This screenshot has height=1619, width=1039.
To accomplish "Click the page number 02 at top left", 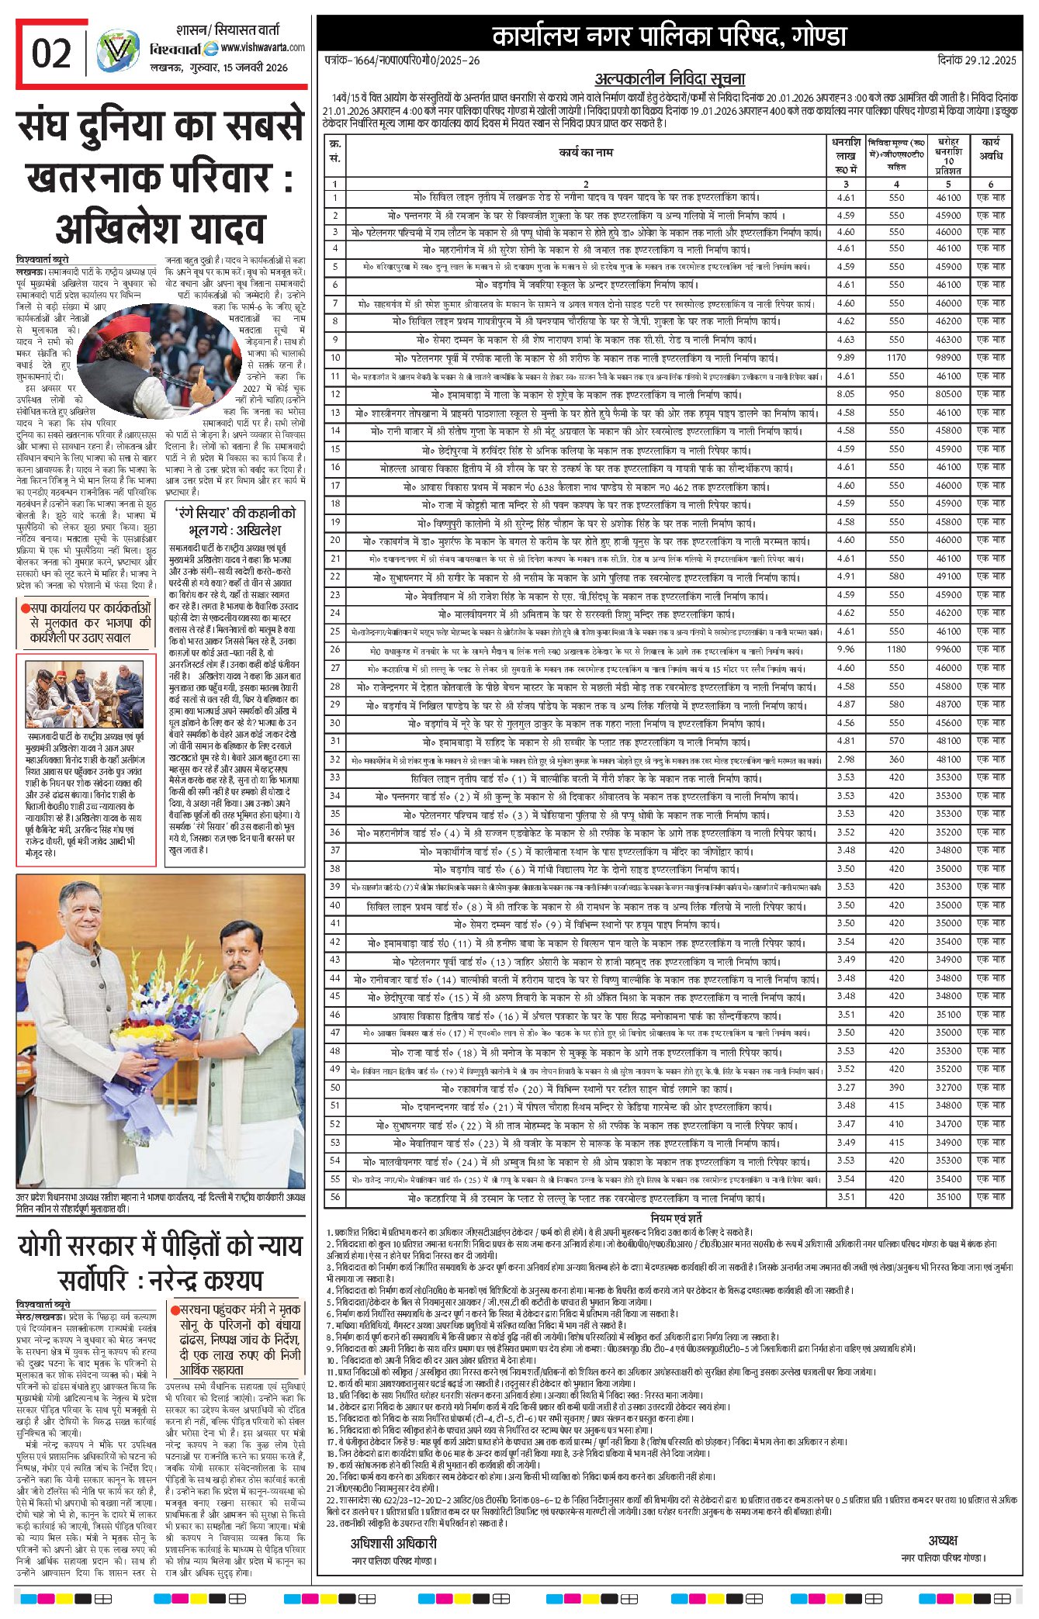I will (51, 54).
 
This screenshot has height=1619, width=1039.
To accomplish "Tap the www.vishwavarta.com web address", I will (262, 48).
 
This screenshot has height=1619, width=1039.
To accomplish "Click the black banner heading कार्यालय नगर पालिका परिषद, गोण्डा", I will (669, 36).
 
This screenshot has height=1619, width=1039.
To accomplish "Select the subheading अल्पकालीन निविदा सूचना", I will (670, 79).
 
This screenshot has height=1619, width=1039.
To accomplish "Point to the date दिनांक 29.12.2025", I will (975, 61).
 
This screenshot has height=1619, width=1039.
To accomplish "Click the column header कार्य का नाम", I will (586, 153).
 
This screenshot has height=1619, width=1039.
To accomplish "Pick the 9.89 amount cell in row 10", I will (846, 358).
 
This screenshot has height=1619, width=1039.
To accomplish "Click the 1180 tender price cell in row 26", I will (896, 649).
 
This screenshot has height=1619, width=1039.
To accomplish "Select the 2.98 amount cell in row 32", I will (846, 759).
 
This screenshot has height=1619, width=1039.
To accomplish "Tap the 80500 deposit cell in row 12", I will (948, 394).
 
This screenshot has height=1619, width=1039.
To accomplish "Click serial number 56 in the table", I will (335, 1197).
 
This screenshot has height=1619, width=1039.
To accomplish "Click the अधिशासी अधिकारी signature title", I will (393, 1543).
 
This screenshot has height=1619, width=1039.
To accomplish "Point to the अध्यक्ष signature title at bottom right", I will (943, 1540).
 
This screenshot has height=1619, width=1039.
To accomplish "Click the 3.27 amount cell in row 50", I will (846, 1088).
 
